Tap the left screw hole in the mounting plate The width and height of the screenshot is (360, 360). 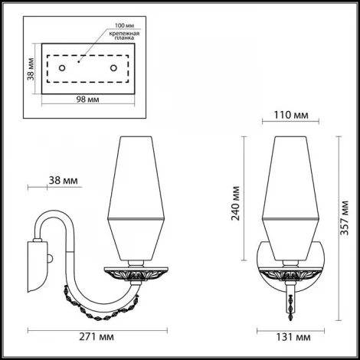point(64,70)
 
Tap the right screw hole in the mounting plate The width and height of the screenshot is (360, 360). point(113,70)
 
